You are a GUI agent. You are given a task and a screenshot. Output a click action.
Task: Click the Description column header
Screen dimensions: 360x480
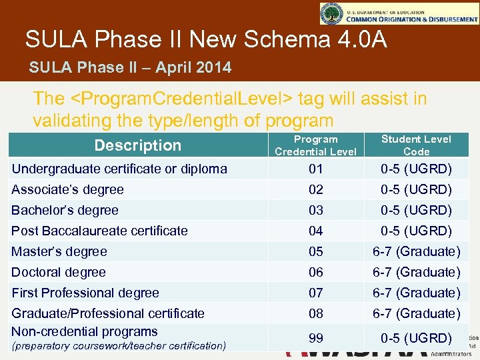tap(137, 145)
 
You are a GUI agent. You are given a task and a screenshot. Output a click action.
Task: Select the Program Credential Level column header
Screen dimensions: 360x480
tap(315, 145)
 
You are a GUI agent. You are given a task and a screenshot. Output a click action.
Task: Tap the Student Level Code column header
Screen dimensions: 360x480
tap(416, 145)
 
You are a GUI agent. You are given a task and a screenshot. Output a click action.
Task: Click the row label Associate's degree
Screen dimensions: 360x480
tap(68, 189)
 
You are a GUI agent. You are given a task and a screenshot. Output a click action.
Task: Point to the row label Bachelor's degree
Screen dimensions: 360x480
tap(65, 210)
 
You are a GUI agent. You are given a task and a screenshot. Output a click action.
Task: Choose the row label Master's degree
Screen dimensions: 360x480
tap(59, 251)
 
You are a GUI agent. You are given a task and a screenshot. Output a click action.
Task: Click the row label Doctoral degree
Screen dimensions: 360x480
tap(59, 272)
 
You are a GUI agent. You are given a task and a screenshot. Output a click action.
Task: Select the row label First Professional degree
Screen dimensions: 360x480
tap(85, 293)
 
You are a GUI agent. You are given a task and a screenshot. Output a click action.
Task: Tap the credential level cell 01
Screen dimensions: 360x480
tap(315, 169)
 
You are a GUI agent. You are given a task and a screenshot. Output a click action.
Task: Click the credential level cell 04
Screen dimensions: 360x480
tap(315, 231)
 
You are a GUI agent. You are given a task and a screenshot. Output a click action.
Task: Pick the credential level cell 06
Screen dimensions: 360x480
tap(315, 272)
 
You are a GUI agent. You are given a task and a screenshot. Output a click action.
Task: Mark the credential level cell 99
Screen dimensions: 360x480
tap(315, 338)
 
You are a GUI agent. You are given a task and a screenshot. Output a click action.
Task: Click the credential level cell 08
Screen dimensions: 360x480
tap(315, 313)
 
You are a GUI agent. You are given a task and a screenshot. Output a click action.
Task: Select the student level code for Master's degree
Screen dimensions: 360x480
tap(416, 251)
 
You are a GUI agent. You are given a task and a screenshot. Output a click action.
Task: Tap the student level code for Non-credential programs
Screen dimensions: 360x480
tap(416, 338)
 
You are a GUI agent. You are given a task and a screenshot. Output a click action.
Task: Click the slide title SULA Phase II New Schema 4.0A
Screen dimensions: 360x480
tap(206, 39)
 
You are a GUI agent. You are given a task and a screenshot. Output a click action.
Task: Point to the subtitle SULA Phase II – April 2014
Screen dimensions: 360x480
tap(131, 67)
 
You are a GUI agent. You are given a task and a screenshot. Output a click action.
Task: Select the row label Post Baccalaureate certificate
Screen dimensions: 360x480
tap(100, 231)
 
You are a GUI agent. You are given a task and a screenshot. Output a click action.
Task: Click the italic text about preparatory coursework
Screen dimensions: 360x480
tap(119, 345)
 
